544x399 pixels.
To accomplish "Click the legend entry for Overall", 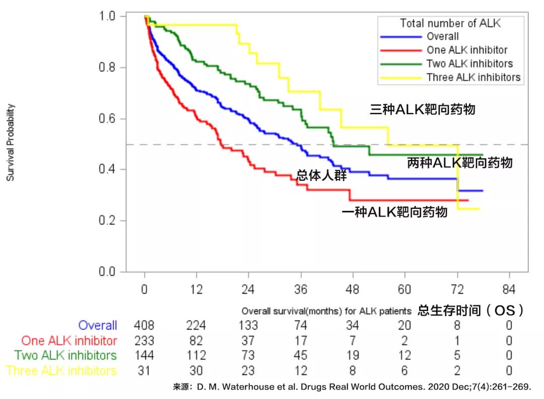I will point(442,36).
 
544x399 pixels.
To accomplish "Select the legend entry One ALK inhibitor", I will point(466,50).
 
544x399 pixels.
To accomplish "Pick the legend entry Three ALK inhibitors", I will point(473,77).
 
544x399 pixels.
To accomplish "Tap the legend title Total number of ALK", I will point(450,23).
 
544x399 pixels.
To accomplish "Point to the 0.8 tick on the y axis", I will point(111,67).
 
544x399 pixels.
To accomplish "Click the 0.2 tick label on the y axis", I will point(111,220).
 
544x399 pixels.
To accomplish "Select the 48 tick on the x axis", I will point(353,290).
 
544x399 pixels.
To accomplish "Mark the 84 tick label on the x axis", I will point(509,290).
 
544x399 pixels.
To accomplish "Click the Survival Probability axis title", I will point(11,142).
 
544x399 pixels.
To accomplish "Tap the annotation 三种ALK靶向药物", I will point(422,109).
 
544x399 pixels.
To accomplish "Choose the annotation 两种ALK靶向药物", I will point(459,163).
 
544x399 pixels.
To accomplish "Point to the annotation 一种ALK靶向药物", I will point(394,212).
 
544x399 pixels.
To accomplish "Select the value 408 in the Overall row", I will point(144,326).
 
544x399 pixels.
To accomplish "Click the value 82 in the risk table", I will point(196,341).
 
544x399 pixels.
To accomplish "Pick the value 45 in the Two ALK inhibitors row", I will point(301,356).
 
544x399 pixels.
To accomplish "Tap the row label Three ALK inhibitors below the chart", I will point(61,371).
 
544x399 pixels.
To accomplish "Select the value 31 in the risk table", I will point(144,371).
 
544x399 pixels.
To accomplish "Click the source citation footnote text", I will point(352,387).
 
